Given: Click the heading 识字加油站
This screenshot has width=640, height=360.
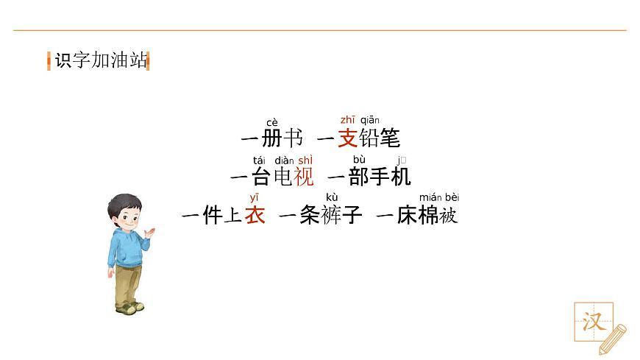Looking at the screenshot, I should [101, 60].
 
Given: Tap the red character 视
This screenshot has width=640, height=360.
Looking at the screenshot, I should [304, 177].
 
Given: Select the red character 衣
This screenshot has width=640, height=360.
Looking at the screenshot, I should [255, 216].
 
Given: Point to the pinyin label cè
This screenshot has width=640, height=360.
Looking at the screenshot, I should [272, 123].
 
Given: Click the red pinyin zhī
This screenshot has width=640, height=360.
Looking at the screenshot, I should [347, 120].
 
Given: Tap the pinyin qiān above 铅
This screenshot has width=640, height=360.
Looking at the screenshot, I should [369, 120].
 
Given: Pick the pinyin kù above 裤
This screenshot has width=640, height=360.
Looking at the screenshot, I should [332, 197].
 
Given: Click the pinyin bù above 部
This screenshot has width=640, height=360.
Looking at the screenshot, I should [359, 160].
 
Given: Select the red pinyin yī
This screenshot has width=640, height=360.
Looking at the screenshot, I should [255, 197].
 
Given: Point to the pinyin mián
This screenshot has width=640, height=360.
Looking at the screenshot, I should [430, 197].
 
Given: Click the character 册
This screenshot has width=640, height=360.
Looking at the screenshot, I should [271, 138].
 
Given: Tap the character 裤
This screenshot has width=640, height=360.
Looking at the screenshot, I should [331, 216].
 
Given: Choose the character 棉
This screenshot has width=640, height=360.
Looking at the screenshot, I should [428, 216].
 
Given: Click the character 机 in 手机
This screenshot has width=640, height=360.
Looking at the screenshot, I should [401, 177].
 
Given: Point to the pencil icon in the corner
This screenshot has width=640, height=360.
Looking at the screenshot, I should [613, 339].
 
